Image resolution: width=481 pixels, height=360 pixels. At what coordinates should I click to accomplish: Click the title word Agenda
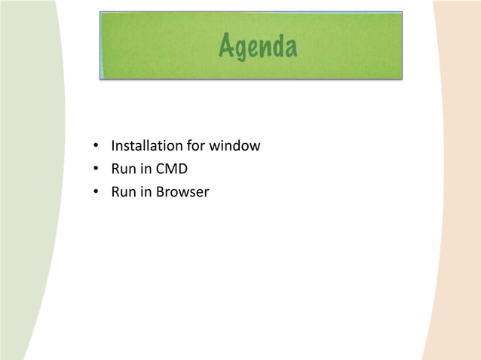point(258,47)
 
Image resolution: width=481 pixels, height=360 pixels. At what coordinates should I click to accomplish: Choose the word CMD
point(172,169)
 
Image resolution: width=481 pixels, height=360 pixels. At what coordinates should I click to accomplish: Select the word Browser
point(182,192)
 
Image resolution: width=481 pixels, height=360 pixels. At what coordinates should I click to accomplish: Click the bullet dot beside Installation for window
point(97,146)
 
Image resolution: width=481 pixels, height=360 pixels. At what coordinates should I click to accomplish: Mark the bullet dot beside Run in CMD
point(97,169)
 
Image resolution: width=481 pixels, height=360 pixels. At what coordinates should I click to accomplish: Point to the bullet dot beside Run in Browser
point(97,193)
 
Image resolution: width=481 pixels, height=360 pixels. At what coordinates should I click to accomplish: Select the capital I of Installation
point(113,145)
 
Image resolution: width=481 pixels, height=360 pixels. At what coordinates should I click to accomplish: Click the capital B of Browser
point(160,192)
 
